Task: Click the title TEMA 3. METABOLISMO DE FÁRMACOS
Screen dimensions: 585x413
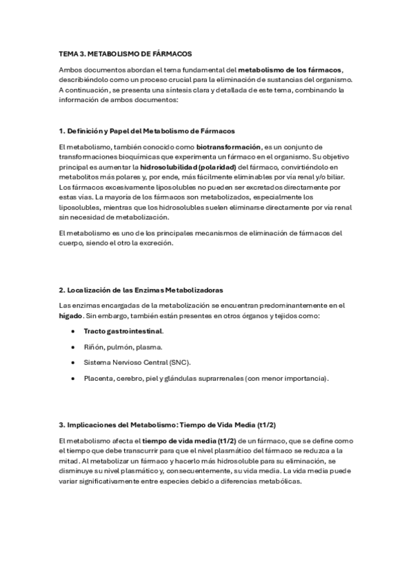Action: coord(125,53)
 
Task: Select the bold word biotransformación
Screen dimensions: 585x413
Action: coord(229,147)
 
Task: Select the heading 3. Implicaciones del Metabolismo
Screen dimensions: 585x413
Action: coord(172,424)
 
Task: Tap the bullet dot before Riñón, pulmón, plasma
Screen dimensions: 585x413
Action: coord(74,347)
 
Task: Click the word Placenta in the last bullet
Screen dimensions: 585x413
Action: coord(99,378)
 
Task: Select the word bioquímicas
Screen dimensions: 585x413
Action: coord(130,157)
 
